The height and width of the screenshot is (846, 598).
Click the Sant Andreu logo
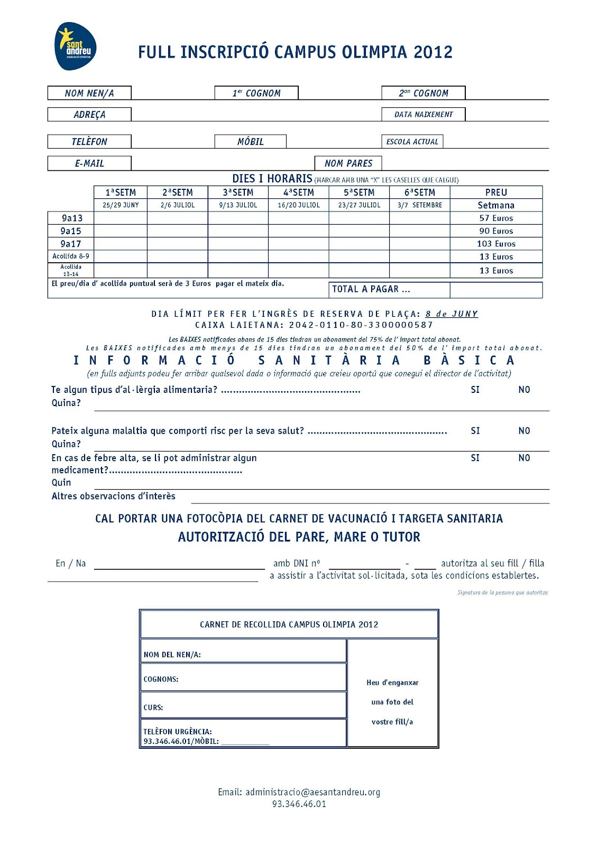point(76,47)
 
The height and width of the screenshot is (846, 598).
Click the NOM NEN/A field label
point(89,93)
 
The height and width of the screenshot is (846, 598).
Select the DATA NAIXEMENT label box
point(424,114)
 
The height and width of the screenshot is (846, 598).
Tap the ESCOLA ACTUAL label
point(412,142)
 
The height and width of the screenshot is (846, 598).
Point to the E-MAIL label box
point(89,163)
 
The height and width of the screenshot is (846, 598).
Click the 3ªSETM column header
point(238,192)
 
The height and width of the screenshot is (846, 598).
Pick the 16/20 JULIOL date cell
point(299,205)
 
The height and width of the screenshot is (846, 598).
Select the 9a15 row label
point(71,231)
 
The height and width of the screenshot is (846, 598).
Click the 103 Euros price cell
point(496,244)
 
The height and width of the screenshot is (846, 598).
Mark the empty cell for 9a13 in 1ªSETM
point(121,218)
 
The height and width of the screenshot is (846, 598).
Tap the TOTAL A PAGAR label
point(371,289)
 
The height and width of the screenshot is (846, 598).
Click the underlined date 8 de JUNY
point(452,314)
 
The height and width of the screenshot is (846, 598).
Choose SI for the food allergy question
point(475,390)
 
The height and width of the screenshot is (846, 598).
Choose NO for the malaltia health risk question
point(524,431)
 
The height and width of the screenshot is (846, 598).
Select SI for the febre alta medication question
point(475,458)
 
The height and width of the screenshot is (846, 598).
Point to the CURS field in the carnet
point(243,706)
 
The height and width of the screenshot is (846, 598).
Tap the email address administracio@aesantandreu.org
point(312,792)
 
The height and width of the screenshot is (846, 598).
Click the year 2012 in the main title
point(433,52)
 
